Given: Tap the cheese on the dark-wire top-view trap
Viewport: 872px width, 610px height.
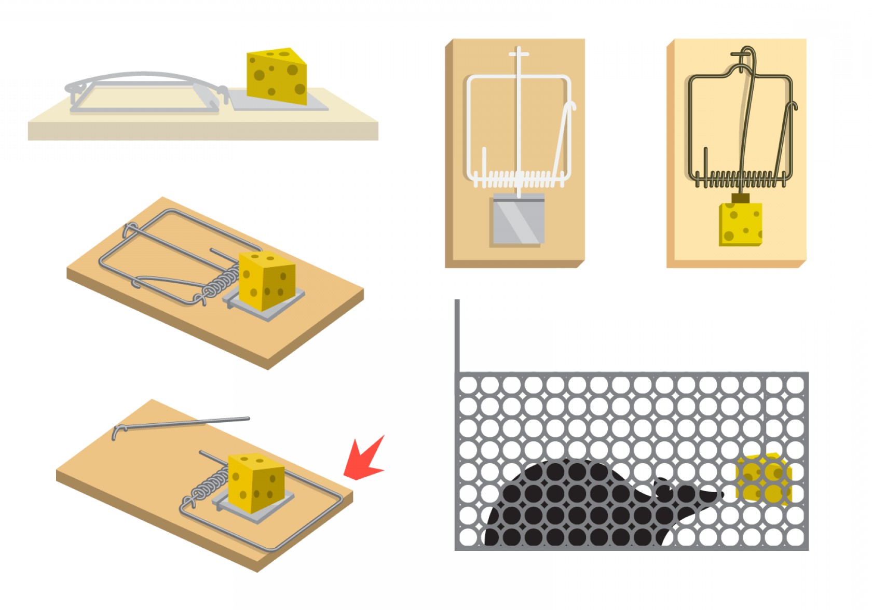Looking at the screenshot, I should [740, 224].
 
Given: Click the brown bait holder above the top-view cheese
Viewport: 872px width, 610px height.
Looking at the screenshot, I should [740, 198].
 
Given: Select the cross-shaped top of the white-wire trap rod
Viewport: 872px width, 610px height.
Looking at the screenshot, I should [519, 53].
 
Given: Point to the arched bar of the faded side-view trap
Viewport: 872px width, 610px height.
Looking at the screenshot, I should [145, 77].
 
